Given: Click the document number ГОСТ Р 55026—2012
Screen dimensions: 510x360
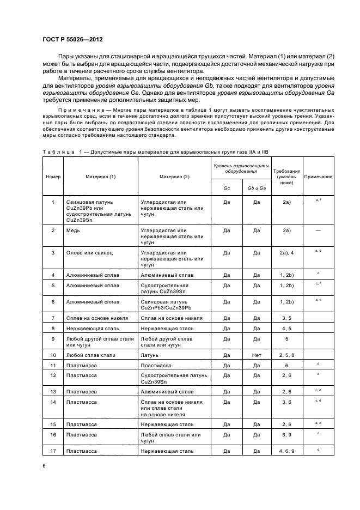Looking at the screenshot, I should [x=72, y=40].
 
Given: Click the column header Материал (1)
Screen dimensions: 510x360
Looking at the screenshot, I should [x=100, y=177].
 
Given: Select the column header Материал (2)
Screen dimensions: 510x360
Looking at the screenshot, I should [x=174, y=177].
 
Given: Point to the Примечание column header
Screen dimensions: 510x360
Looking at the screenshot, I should [x=318, y=177].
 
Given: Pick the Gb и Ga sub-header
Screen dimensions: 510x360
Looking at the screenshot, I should [x=257, y=188].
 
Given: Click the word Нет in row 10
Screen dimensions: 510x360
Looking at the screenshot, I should [x=257, y=355].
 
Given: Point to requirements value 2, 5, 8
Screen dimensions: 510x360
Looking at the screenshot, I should [x=286, y=355].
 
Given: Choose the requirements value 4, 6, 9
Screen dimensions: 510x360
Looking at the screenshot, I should [x=286, y=451].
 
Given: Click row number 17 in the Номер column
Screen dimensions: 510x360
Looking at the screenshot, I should [x=53, y=451].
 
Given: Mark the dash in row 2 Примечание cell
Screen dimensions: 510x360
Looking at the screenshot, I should [x=318, y=230].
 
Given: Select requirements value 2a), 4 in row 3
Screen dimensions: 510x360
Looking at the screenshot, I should [x=286, y=253].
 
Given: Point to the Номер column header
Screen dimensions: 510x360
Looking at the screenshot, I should [x=53, y=177].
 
